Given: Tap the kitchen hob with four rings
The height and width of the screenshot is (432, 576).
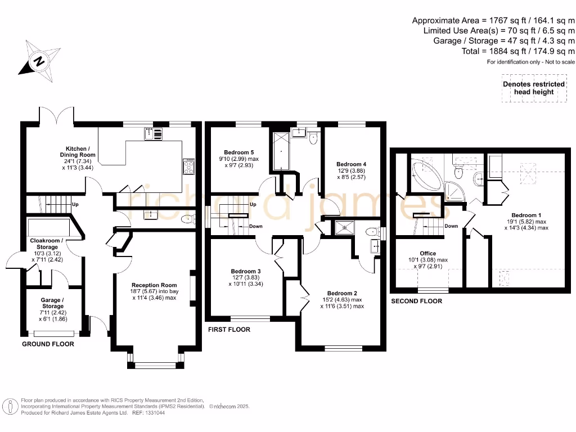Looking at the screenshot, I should tap(188, 167).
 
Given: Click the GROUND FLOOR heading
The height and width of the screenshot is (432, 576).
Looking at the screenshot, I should tap(48, 344).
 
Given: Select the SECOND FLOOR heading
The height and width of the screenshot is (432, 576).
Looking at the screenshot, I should tap(416, 301).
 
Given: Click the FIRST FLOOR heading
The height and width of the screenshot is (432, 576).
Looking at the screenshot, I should tap(229, 329).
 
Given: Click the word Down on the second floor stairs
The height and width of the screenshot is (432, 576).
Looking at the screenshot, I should tap(451, 226).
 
